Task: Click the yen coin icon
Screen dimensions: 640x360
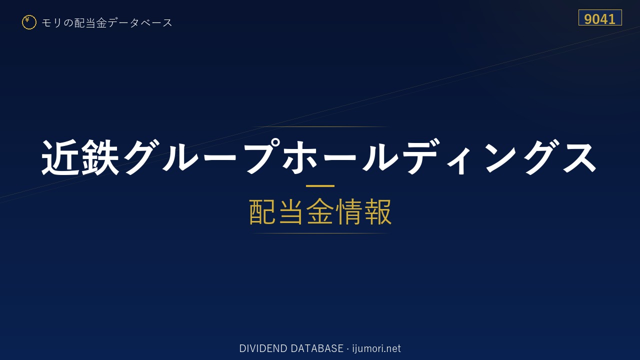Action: (x=29, y=22)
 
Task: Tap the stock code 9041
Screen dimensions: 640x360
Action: (x=599, y=19)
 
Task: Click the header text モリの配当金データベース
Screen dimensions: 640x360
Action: (x=107, y=23)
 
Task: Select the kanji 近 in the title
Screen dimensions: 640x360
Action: (x=60, y=157)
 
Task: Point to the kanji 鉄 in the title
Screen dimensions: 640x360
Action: (x=100, y=157)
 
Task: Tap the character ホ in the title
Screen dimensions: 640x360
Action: (x=299, y=157)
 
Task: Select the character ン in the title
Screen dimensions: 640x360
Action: (x=501, y=157)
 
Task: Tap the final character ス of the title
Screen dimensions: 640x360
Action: (x=579, y=157)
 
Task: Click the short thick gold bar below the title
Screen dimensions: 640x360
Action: (x=320, y=186)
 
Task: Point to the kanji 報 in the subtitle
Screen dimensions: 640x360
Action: (x=378, y=211)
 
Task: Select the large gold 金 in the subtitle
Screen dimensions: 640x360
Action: (x=319, y=211)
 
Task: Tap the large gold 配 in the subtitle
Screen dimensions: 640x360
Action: (x=262, y=211)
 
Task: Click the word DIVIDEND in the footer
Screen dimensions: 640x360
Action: (x=263, y=348)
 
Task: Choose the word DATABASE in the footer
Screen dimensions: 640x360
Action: (x=317, y=348)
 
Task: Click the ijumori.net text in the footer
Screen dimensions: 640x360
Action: (x=376, y=348)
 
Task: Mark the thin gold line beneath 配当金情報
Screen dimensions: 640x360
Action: (x=320, y=233)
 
